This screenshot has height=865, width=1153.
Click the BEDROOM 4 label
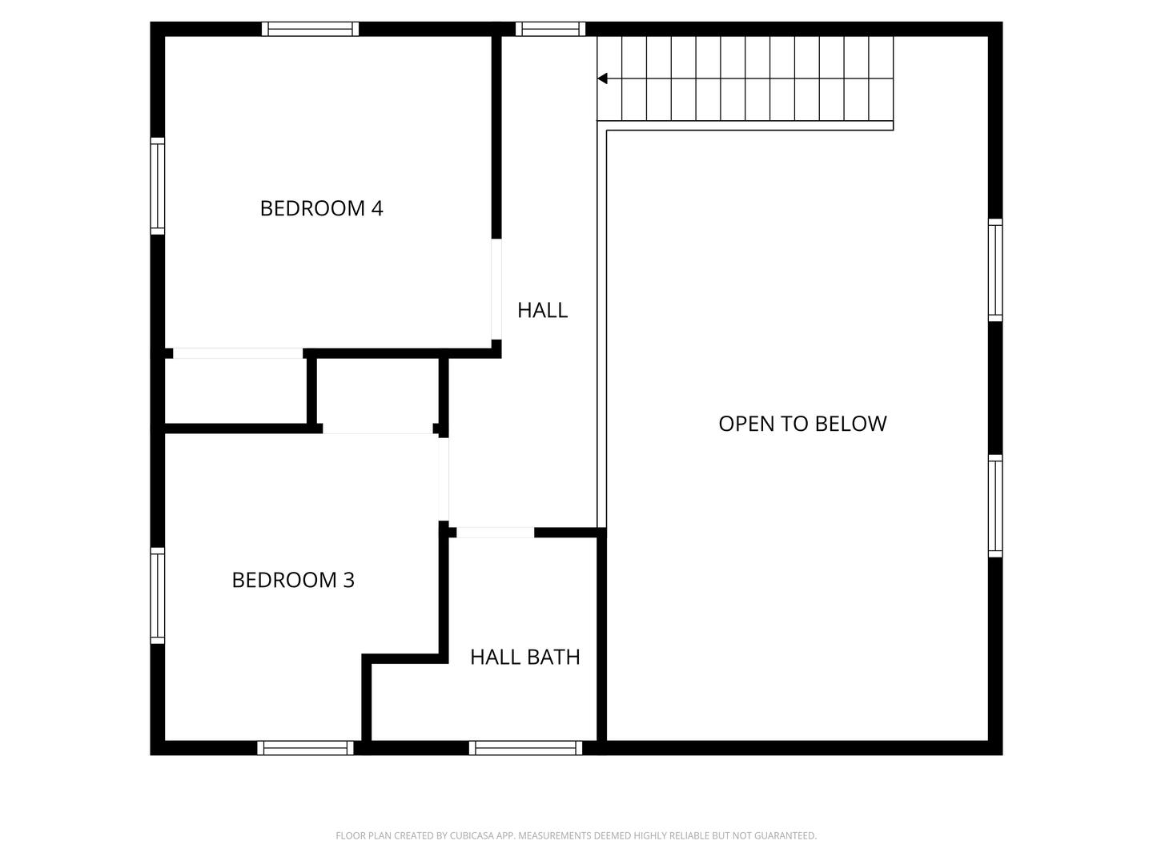321,208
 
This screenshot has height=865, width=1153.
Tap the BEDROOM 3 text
293,580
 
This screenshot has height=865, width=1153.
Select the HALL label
542,310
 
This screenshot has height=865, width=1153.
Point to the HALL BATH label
524,657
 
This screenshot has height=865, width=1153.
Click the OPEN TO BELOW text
802,424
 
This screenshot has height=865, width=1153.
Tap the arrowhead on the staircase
603,78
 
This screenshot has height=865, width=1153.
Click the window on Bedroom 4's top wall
310,29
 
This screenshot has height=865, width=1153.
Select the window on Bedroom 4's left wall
158,186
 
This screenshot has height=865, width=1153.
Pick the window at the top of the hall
550,29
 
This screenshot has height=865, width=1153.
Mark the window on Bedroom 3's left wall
158,595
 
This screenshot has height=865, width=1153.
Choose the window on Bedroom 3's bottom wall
305,748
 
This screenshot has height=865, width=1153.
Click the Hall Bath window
525,748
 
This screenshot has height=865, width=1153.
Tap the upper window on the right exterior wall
995,270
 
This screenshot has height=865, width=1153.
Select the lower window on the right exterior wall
995,505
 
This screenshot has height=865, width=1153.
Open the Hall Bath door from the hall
495,533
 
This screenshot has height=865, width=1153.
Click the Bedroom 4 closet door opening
238,353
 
